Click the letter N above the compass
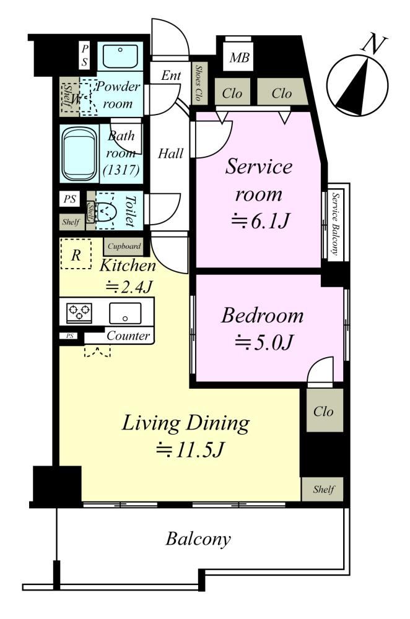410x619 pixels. click(373, 44)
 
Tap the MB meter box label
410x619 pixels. click(239, 58)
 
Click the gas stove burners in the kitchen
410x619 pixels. click(79, 313)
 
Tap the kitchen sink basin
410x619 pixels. click(125, 313)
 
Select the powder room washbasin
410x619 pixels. click(120, 56)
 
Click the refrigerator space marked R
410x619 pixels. click(76, 254)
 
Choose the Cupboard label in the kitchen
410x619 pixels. click(124, 246)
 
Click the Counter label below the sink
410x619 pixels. click(128, 335)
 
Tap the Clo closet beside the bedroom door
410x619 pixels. click(323, 411)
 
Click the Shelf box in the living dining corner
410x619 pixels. click(323, 490)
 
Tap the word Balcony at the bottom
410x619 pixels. click(198, 539)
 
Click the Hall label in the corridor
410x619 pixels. click(171, 153)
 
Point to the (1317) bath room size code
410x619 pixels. click(121, 170)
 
